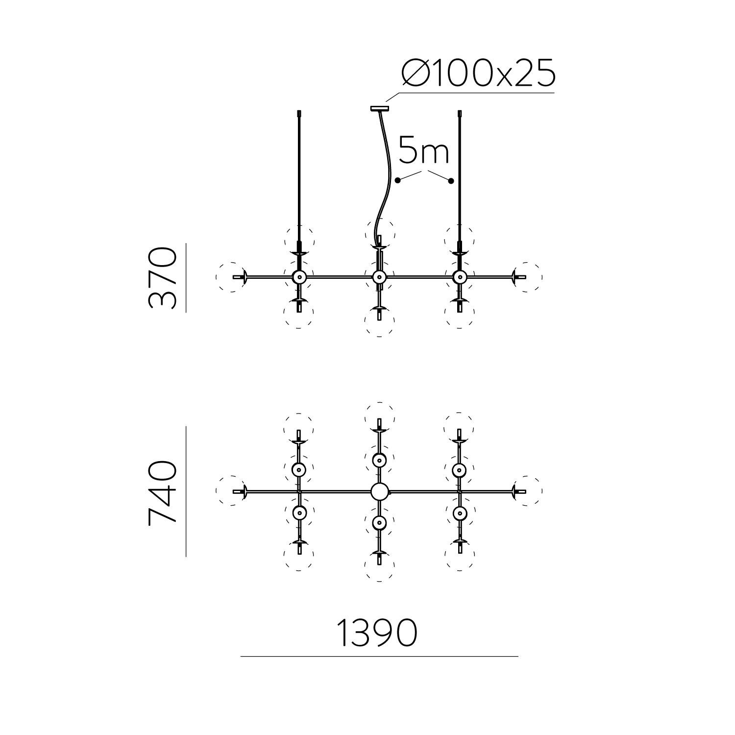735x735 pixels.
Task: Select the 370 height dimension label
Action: [162, 277]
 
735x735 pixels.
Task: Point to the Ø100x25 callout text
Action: [478, 73]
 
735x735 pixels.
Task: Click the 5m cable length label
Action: [424, 150]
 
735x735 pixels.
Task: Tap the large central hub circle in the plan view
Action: [379, 491]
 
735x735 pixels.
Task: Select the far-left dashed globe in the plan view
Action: [231, 490]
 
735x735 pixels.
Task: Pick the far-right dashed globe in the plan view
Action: [527, 490]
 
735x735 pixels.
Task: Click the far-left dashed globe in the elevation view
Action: [231, 277]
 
